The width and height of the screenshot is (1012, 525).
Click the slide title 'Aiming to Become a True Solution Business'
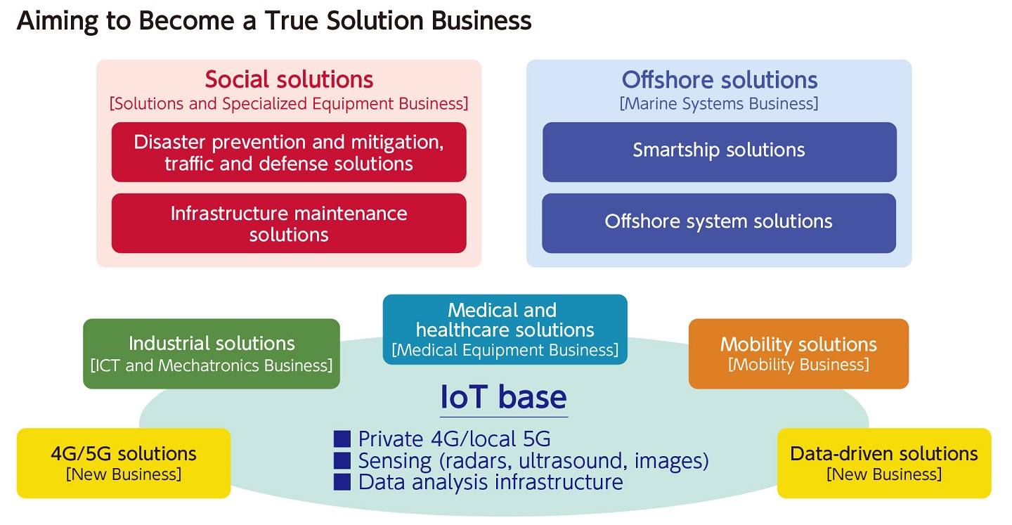274,21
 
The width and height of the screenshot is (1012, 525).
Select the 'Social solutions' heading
289,79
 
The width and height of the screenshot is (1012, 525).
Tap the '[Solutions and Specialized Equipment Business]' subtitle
289,103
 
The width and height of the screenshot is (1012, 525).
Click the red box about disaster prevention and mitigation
289,153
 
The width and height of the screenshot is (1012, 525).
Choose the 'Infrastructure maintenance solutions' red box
289,223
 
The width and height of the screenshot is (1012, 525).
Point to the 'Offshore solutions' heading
719,80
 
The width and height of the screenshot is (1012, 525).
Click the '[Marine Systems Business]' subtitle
719,103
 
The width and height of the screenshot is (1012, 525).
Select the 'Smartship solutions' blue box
719,153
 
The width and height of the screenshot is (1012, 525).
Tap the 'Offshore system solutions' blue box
719,223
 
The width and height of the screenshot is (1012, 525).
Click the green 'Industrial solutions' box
212,354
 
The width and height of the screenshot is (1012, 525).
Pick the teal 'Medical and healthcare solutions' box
505,330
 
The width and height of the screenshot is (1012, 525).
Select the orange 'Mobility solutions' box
798,354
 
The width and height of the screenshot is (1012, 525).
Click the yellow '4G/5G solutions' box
124,463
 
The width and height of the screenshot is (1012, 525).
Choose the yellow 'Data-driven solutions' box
884,463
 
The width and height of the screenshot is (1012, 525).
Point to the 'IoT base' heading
503,397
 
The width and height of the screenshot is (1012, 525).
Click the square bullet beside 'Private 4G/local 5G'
342,439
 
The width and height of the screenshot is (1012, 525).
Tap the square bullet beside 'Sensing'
342,461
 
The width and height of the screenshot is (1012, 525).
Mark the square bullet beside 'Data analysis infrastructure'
342,482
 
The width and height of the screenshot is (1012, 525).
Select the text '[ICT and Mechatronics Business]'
212,365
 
